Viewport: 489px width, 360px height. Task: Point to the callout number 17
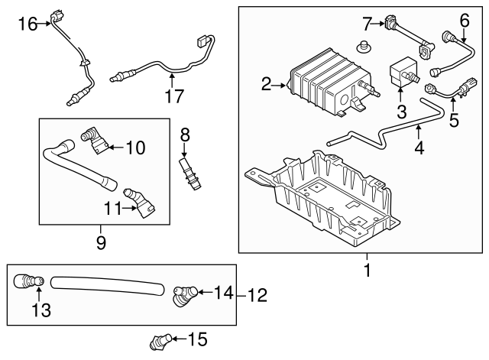[x=176, y=97]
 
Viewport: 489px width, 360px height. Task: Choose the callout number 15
[x=197, y=338]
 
